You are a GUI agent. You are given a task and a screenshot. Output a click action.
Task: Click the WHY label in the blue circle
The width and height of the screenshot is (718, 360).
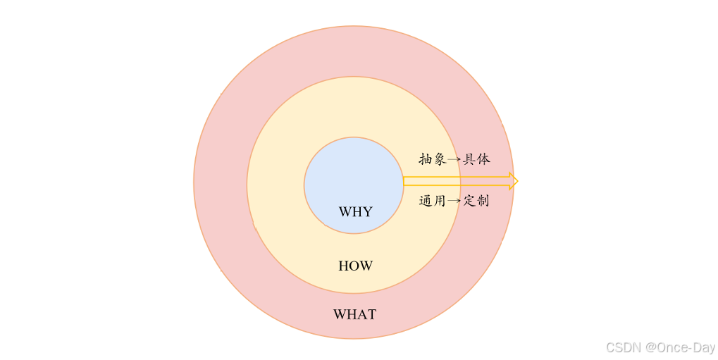click(355, 212)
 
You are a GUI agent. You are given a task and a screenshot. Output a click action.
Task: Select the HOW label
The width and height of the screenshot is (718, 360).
click(355, 266)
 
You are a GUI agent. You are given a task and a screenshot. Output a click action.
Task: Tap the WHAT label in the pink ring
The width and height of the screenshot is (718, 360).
click(354, 315)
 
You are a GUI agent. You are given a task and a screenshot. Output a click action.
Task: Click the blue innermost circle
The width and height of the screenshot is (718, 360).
click(353, 173)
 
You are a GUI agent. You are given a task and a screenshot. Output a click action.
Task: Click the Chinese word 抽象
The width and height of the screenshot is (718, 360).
click(432, 159)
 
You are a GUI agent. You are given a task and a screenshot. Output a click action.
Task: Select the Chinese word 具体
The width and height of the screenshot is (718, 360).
click(476, 159)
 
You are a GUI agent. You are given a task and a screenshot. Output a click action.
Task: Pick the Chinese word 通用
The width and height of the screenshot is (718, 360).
click(432, 201)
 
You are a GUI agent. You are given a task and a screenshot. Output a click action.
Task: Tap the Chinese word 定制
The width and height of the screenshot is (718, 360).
click(476, 201)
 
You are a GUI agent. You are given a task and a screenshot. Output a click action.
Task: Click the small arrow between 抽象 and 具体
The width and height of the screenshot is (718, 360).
click(454, 160)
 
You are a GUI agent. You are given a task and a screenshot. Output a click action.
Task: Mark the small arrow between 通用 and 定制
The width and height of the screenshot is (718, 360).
click(454, 201)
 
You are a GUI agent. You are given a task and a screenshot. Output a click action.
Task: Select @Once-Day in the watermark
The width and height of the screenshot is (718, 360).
click(680, 347)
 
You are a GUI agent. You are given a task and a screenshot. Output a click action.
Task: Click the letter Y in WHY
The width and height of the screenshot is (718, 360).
click(367, 212)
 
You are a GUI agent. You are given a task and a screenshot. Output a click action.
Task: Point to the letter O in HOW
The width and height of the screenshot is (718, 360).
click(355, 266)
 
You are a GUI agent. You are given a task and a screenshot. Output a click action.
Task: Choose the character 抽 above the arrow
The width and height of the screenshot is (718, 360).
click(425, 159)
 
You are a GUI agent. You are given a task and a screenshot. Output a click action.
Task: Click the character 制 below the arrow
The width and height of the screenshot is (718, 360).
click(483, 201)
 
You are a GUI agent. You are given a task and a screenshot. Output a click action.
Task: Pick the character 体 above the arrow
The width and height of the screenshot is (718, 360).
click(483, 159)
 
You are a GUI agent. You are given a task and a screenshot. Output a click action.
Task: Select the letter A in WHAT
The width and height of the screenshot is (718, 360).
click(361, 315)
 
